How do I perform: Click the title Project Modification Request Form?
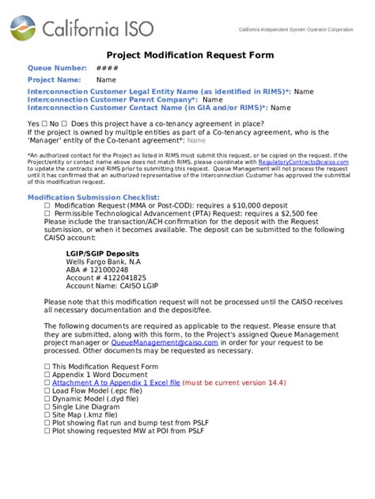pos(190,55)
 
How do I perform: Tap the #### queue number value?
pos(107,68)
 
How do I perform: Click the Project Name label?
pos(55,80)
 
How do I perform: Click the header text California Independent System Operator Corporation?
pos(296,29)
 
